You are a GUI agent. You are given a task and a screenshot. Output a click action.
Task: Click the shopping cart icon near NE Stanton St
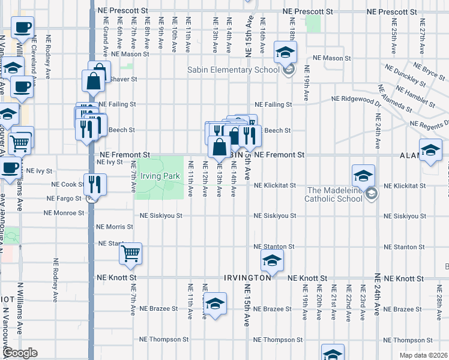click(x=130, y=253)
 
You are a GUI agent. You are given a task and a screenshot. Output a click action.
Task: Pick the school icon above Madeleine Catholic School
click(x=363, y=175)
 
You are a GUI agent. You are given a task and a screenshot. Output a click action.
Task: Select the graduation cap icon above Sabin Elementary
click(x=285, y=52)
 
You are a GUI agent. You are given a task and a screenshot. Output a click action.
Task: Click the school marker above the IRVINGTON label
click(x=272, y=260)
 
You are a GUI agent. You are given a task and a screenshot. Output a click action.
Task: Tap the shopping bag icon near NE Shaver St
click(x=94, y=80)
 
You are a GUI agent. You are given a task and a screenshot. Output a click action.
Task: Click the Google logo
click(x=20, y=353)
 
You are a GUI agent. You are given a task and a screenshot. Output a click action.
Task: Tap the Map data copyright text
click(x=423, y=355)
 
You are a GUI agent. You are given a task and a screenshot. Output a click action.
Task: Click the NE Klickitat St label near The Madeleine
click(x=275, y=185)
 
